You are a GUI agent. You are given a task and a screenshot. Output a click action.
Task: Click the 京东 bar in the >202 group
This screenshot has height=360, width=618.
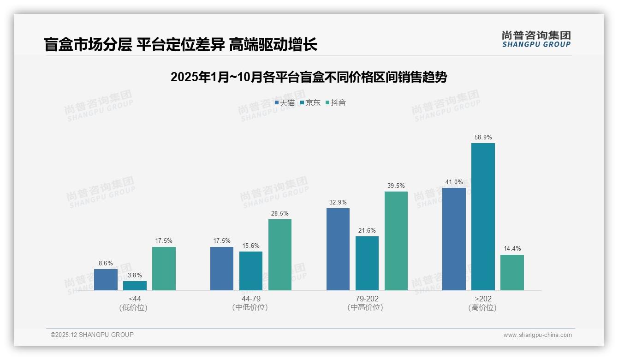tap(483, 216)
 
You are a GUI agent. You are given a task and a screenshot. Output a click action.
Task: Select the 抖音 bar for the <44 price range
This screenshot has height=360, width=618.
tap(164, 269)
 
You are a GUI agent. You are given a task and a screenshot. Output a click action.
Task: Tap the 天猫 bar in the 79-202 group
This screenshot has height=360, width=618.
tap(338, 249)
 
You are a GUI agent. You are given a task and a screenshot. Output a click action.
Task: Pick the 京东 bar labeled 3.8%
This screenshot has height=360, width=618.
tap(135, 286)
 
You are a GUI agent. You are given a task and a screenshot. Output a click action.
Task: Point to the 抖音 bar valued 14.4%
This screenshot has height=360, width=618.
tap(512, 272)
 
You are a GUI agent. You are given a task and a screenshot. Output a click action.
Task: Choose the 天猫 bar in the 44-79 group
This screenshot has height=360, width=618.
tap(222, 269)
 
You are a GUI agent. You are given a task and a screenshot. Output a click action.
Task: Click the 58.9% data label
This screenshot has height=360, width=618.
tap(483, 138)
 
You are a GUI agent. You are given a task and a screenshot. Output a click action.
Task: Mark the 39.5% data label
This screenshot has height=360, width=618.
tap(396, 186)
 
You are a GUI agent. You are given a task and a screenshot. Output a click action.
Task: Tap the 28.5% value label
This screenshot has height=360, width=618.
tap(280, 214)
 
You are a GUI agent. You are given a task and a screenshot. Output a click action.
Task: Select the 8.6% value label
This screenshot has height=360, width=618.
tap(106, 264)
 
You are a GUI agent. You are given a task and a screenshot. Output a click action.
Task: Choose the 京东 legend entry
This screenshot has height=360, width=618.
tap(310, 103)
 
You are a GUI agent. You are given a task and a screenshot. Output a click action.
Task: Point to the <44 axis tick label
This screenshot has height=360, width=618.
tap(135, 299)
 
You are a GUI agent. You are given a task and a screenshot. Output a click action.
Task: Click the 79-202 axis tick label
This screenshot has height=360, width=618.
tap(367, 299)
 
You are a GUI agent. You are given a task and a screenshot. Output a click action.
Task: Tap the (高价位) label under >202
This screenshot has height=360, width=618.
tap(482, 308)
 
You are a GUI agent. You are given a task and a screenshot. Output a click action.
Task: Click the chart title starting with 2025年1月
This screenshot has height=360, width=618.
tap(309, 77)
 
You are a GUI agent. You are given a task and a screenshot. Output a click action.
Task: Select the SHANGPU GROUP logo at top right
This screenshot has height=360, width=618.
tap(536, 39)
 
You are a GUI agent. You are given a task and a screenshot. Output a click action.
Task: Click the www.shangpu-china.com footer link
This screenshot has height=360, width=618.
tap(537, 335)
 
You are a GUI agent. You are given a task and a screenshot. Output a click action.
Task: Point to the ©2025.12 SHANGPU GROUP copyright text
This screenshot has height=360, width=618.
tap(92, 335)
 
